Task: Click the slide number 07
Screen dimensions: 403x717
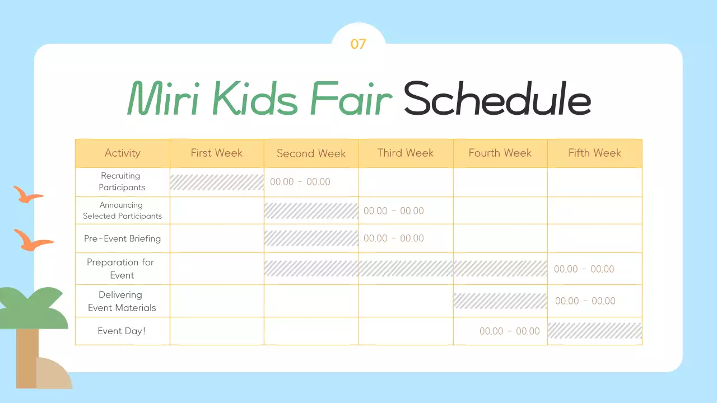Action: (x=358, y=44)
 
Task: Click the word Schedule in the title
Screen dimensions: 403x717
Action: (x=497, y=99)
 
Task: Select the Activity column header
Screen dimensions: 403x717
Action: (x=122, y=153)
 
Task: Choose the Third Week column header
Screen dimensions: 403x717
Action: (x=406, y=153)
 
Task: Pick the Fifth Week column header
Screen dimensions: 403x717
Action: (x=594, y=153)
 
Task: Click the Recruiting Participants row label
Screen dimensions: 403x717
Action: (x=122, y=182)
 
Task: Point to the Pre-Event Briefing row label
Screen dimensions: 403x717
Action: (x=122, y=238)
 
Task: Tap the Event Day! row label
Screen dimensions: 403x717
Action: (x=122, y=331)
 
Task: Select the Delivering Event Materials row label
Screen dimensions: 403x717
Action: (x=122, y=301)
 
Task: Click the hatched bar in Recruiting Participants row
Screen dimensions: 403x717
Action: (x=217, y=182)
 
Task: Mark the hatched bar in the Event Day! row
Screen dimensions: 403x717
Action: (x=594, y=331)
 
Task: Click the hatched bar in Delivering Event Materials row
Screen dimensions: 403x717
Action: (x=500, y=301)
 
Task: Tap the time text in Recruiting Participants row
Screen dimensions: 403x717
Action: (x=300, y=182)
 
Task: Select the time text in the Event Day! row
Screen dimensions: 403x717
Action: (x=510, y=331)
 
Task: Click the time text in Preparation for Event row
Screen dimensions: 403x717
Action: (x=584, y=269)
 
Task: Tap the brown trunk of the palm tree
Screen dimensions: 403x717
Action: (x=26, y=358)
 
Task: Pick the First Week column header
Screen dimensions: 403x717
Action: (x=217, y=153)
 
